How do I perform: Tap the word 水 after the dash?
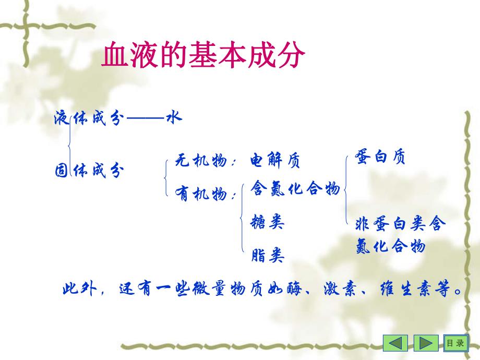tap(173, 117)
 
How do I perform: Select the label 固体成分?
tap(89, 170)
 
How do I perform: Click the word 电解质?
tap(275, 161)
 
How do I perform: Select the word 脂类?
tap(268, 255)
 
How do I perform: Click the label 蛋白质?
tap(380, 157)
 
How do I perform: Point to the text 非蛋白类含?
tap(401, 224)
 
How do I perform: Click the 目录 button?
tap(454, 343)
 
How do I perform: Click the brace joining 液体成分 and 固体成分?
tap(69, 143)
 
